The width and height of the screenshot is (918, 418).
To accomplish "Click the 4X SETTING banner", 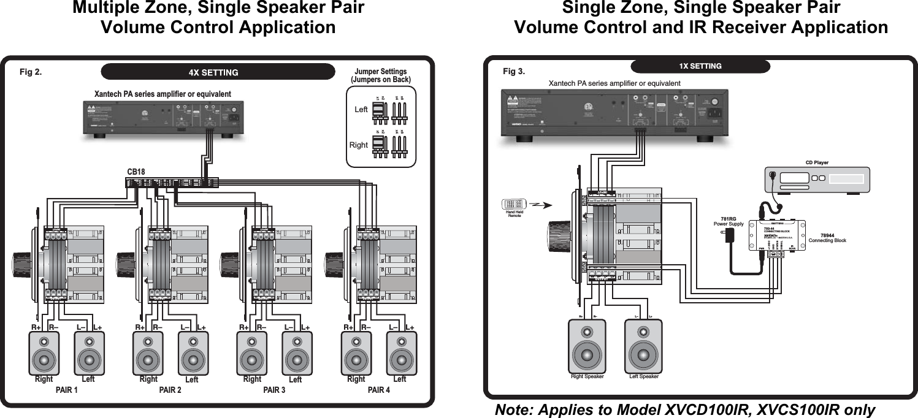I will point(213,72).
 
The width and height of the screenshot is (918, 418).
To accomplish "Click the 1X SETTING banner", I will point(700,66).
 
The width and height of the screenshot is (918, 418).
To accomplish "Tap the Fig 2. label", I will point(31,72).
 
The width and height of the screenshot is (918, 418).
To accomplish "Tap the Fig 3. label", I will point(514,72).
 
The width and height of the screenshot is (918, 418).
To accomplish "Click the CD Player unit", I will point(816,180).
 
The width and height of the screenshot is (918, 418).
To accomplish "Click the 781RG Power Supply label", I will point(729,221).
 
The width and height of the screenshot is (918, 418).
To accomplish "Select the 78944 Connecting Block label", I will point(827,238).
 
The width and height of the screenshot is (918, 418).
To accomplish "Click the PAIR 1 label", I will point(67,390).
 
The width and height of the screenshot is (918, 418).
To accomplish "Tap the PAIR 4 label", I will point(378,390).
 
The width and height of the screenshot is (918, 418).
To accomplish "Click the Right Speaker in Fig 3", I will point(587,346).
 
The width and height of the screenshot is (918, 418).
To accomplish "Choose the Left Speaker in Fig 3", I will point(644,346).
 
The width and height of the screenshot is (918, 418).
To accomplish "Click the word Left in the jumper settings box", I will point(361,110).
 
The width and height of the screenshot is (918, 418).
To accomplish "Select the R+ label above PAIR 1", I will point(37,327).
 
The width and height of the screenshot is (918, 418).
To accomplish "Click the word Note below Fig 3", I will point(514,410).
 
